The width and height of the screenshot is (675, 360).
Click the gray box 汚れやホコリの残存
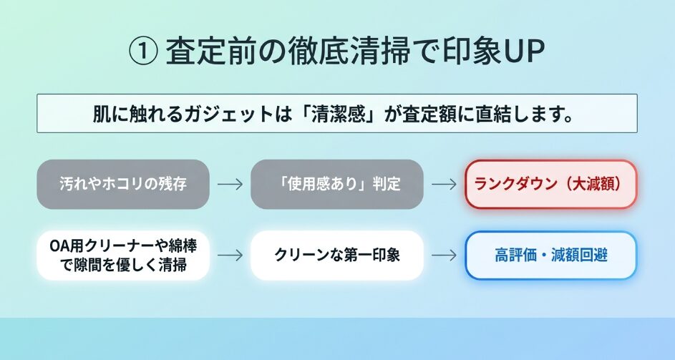(x=123, y=185)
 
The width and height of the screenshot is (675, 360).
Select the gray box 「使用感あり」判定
(x=337, y=185)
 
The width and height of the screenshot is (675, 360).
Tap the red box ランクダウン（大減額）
(x=550, y=185)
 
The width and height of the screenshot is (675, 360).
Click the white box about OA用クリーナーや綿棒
(x=123, y=256)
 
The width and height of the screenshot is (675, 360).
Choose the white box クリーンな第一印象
(x=337, y=256)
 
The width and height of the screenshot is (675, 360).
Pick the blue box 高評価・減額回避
(x=550, y=256)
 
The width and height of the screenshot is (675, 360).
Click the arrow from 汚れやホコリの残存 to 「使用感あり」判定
(x=230, y=185)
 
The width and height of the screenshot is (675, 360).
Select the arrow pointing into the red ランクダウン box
(x=445, y=185)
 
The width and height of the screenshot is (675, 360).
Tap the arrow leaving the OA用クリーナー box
(x=230, y=256)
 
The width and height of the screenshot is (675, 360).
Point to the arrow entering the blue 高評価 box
(x=445, y=256)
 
